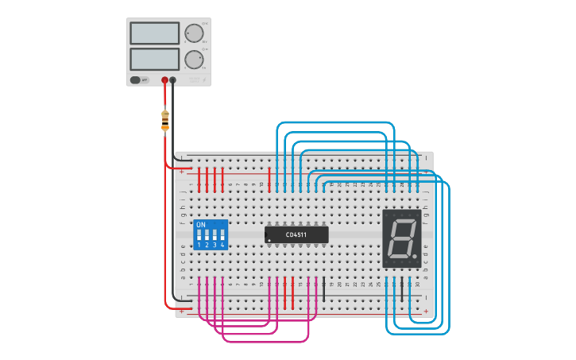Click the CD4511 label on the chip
[296, 234]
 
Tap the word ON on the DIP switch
[201, 225]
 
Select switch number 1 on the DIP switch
[199, 237]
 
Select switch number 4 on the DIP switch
[222, 237]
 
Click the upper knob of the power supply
[194, 33]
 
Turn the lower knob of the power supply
[194, 60]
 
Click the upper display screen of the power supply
[155, 33]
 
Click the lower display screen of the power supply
[155, 59]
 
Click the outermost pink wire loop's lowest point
[266, 342]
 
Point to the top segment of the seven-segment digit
[402, 217]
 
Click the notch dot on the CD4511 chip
[269, 239]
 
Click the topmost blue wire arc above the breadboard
[334, 122]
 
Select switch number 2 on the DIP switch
[207, 237]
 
